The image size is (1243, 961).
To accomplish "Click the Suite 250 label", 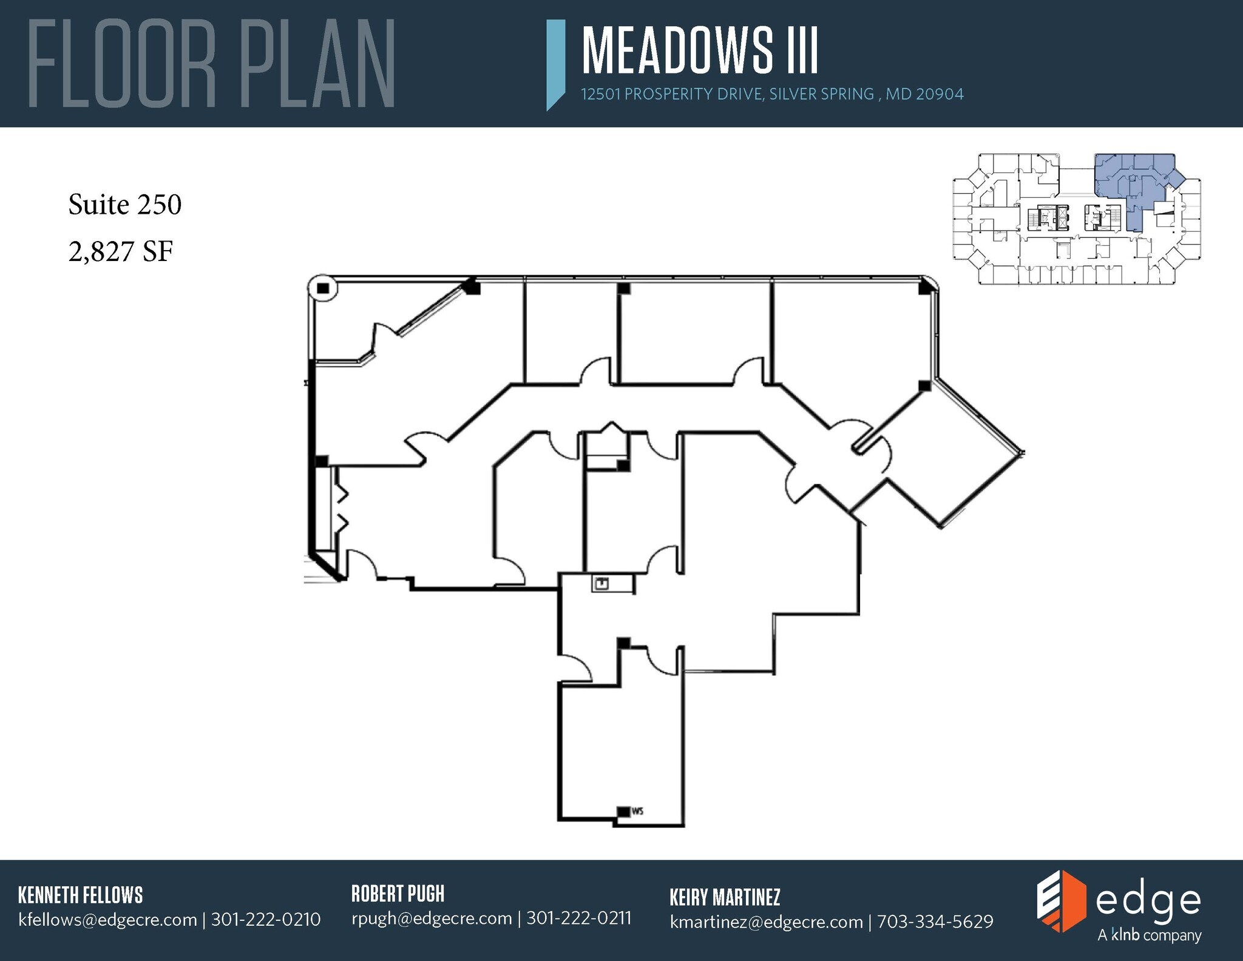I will [x=125, y=205].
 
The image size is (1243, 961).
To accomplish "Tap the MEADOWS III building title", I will [x=700, y=51].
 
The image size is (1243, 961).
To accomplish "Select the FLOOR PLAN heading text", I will [x=211, y=64].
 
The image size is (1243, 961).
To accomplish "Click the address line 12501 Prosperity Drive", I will [x=771, y=95].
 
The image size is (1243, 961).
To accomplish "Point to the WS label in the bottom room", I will [x=637, y=811].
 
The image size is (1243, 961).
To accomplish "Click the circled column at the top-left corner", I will [x=322, y=288].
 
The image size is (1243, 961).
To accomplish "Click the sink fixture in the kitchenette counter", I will [x=601, y=584].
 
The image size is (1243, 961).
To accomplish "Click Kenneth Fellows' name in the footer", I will [x=81, y=895].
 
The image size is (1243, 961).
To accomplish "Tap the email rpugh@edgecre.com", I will [x=432, y=919].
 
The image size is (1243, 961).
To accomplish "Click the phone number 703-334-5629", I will [x=935, y=922].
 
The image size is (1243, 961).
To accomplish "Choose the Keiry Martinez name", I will [x=725, y=897].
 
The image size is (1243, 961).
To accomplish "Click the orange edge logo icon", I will [x=1060, y=901].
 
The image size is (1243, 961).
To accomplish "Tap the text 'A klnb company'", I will [x=1149, y=936].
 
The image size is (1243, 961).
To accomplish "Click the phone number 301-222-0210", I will [x=266, y=920].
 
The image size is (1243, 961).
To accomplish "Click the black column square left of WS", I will [x=623, y=811].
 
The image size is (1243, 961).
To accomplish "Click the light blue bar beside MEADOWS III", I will [x=555, y=64].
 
